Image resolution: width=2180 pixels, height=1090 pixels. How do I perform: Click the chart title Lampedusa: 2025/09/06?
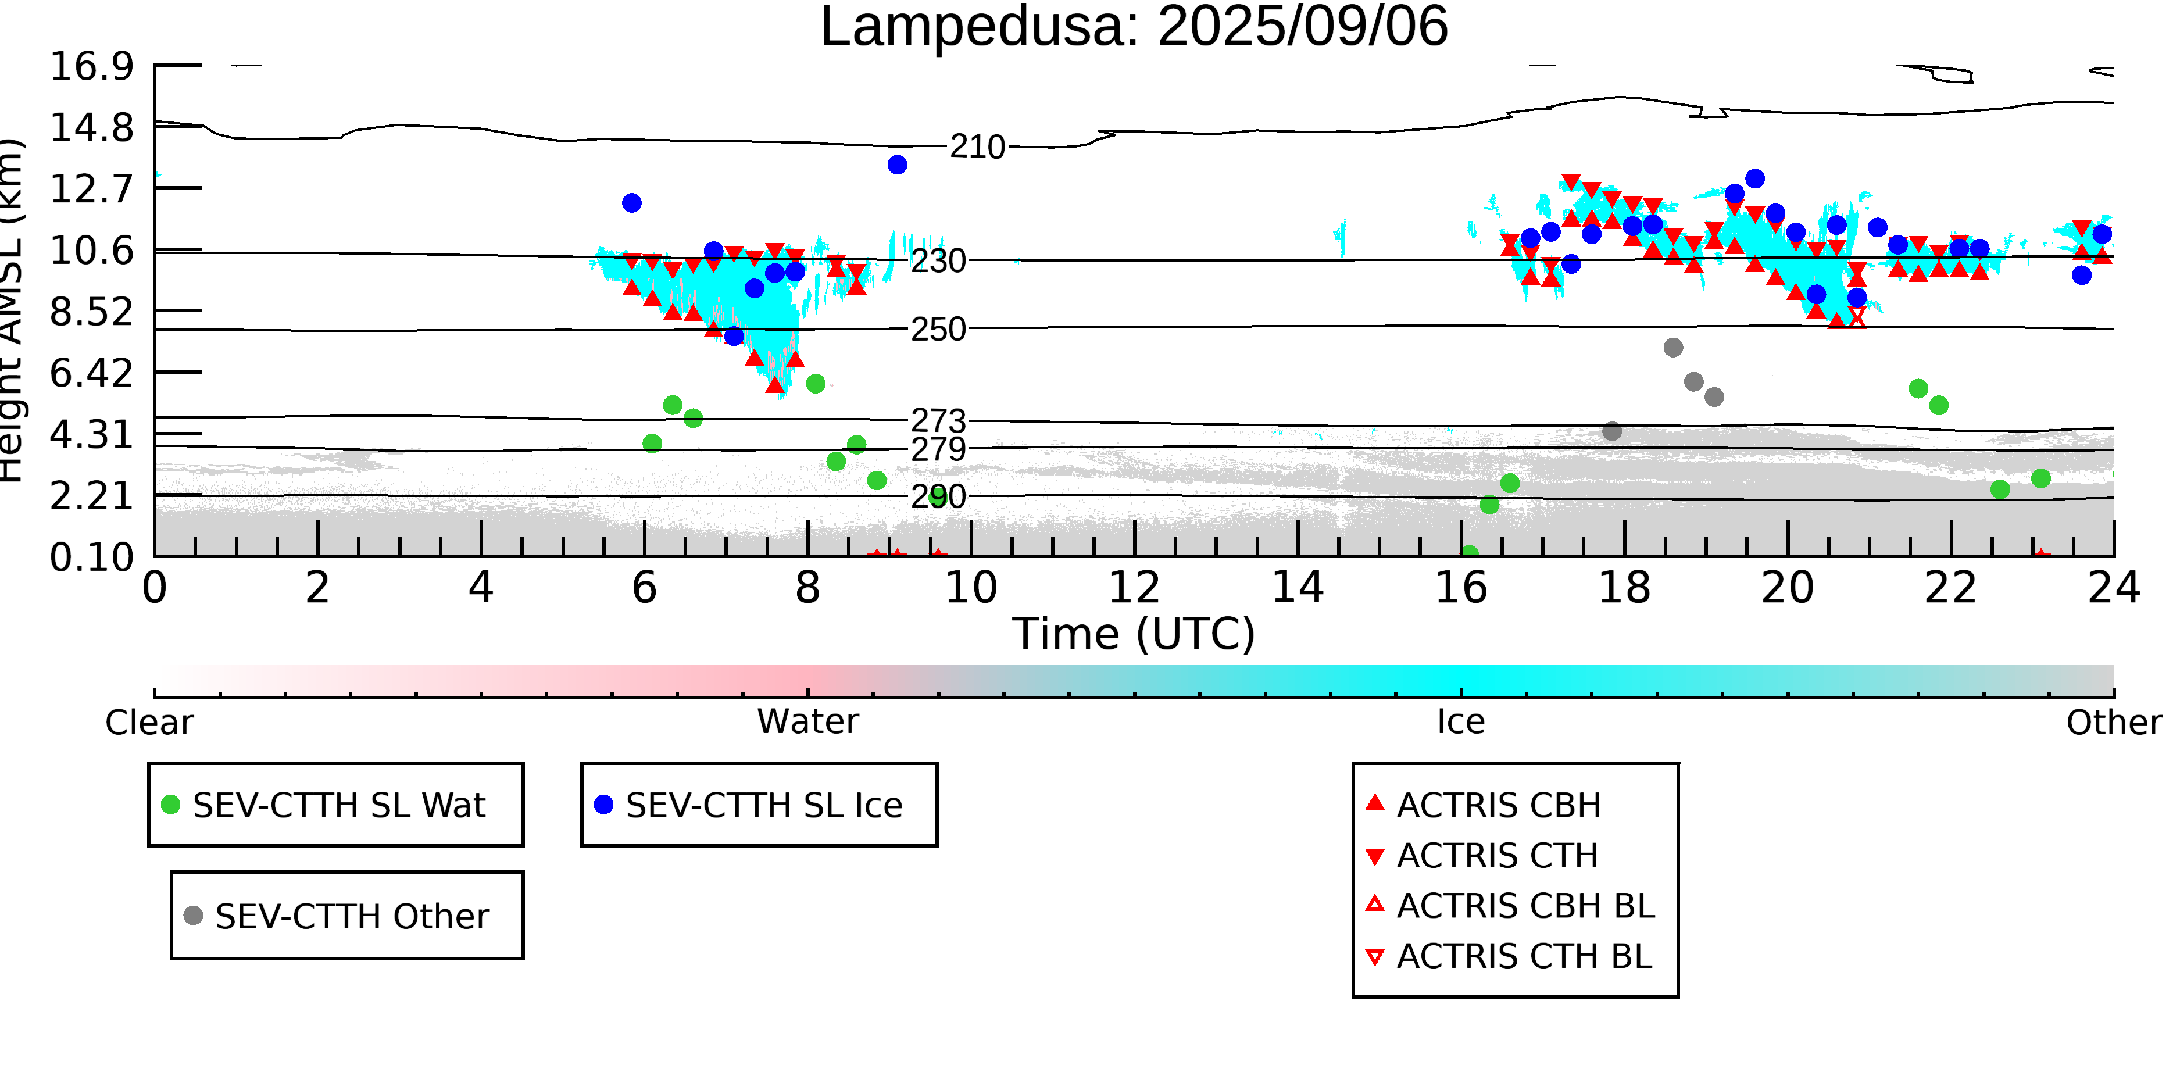[x=1134, y=27]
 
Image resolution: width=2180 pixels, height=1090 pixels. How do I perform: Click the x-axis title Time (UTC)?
[x=1134, y=634]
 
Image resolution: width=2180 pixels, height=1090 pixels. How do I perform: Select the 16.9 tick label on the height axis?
[x=91, y=66]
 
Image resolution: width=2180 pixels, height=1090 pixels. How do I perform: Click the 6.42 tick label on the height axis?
[x=91, y=373]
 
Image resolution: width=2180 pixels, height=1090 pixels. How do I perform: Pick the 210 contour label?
[x=977, y=147]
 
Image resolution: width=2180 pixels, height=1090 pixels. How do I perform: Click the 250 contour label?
[x=938, y=329]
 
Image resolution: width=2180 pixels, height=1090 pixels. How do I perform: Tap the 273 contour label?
[x=938, y=421]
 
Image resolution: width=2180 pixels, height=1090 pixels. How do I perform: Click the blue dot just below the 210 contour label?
[x=897, y=165]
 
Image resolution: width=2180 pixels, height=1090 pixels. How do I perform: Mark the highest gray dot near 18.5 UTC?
[x=1673, y=348]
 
